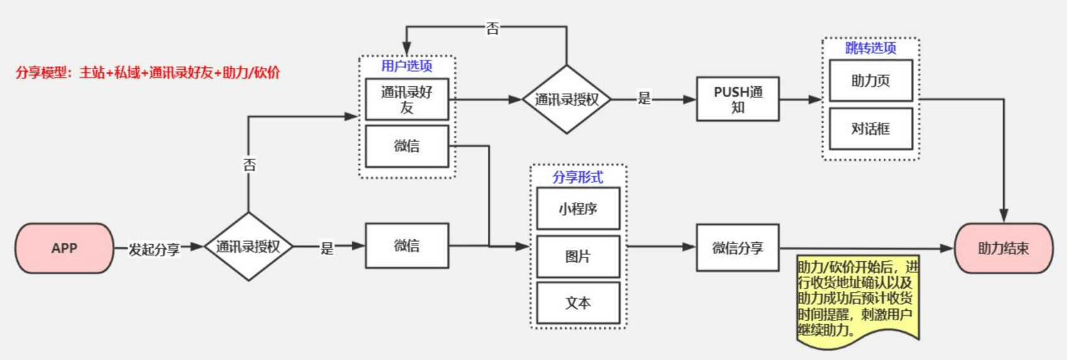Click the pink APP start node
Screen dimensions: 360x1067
click(x=64, y=248)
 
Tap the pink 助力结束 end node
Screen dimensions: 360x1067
click(x=1003, y=248)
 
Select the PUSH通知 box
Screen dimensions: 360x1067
click(x=737, y=99)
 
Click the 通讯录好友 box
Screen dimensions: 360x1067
click(x=406, y=99)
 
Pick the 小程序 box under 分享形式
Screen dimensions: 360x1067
click(x=578, y=208)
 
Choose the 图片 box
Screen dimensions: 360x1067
click(x=578, y=256)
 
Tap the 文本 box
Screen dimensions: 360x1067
click(x=578, y=303)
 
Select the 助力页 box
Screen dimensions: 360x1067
click(x=870, y=81)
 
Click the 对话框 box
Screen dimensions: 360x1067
click(x=870, y=128)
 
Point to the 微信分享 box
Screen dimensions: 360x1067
click(x=737, y=247)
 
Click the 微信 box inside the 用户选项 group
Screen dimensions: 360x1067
click(x=406, y=146)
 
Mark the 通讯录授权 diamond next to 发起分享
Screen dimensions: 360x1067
click(x=249, y=247)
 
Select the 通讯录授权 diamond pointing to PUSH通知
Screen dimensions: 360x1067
click(x=566, y=99)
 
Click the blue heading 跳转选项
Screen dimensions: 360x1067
click(x=870, y=48)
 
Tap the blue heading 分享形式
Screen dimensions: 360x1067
click(x=578, y=177)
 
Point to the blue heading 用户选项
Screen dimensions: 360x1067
click(x=406, y=65)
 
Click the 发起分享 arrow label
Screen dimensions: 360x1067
click(x=154, y=249)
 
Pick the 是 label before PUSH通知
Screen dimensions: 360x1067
click(x=644, y=98)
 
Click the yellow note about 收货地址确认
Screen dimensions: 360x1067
click(x=857, y=298)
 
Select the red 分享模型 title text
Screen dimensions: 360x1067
click(x=148, y=72)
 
